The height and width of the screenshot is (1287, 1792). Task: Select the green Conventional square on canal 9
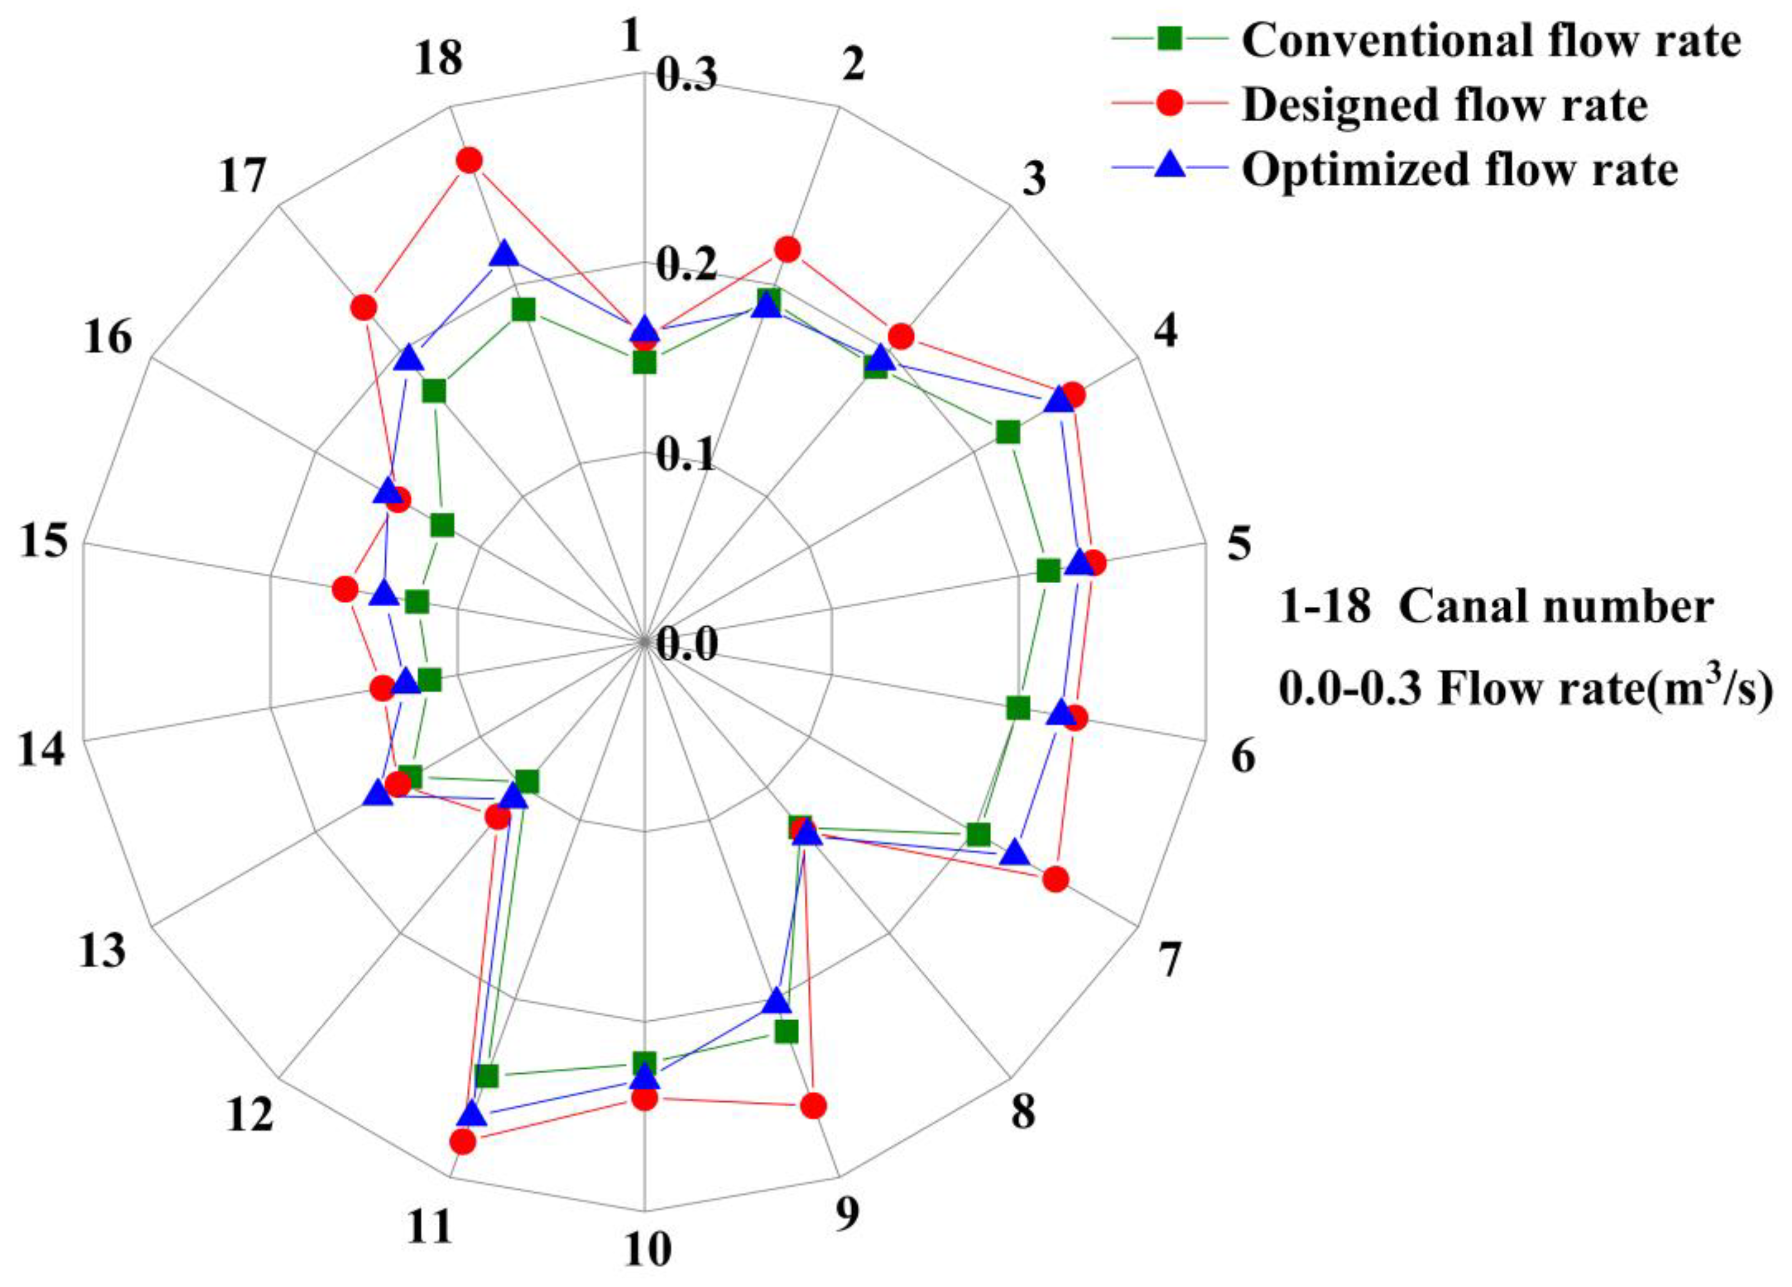786,1032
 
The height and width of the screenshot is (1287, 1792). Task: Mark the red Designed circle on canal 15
345,589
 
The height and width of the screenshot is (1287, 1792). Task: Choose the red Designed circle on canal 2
787,250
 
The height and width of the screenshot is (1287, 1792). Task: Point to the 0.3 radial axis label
686,77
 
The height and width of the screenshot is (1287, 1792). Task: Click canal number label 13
102,950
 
